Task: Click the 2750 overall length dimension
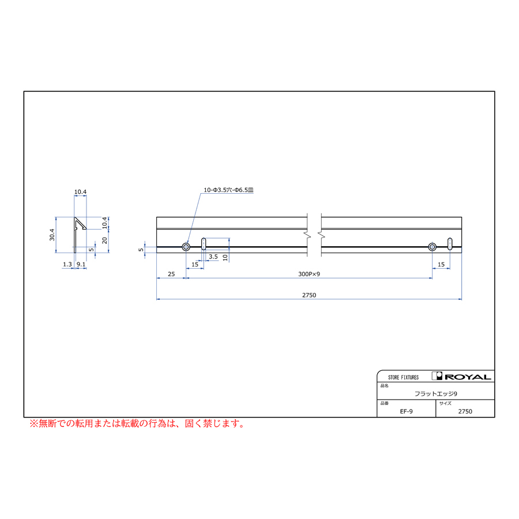pyautogui.click(x=309, y=295)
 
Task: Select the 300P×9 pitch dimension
pyautogui.click(x=309, y=274)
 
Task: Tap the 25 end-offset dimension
pyautogui.click(x=171, y=274)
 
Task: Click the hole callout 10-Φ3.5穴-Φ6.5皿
pyautogui.click(x=228, y=190)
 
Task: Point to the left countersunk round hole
pyautogui.click(x=186, y=247)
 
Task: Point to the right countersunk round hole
pyautogui.click(x=432, y=247)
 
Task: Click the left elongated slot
pyautogui.click(x=204, y=245)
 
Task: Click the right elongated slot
pyautogui.click(x=449, y=245)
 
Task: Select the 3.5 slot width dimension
pyautogui.click(x=213, y=257)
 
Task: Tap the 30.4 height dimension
pyautogui.click(x=52, y=235)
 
